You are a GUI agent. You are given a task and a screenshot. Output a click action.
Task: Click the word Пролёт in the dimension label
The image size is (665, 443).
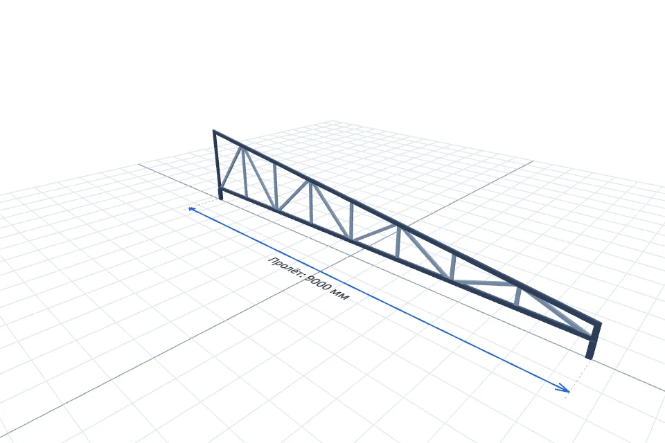pos(286,266)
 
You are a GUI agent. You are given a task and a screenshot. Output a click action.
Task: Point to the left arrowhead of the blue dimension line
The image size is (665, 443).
pos(192,209)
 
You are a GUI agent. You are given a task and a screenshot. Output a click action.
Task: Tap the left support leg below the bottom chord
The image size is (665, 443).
pos(220,194)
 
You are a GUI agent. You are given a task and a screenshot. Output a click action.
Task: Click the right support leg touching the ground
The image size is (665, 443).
pos(590,348)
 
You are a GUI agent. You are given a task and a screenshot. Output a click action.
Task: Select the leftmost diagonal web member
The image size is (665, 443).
pos(230,168)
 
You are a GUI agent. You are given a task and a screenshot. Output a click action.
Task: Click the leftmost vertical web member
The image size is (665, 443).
pos(245,172)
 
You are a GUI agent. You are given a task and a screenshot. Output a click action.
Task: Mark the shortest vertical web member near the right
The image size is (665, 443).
pos(518,296)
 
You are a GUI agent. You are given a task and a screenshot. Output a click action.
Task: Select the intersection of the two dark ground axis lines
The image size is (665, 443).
pos(351,256)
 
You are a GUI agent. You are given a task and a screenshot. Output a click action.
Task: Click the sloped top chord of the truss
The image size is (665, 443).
pos(407,229)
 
